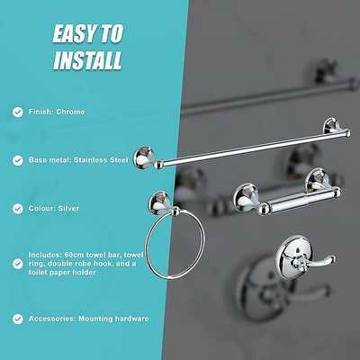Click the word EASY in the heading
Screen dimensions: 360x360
coord(74,34)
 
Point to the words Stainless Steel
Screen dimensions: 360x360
coord(106,159)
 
